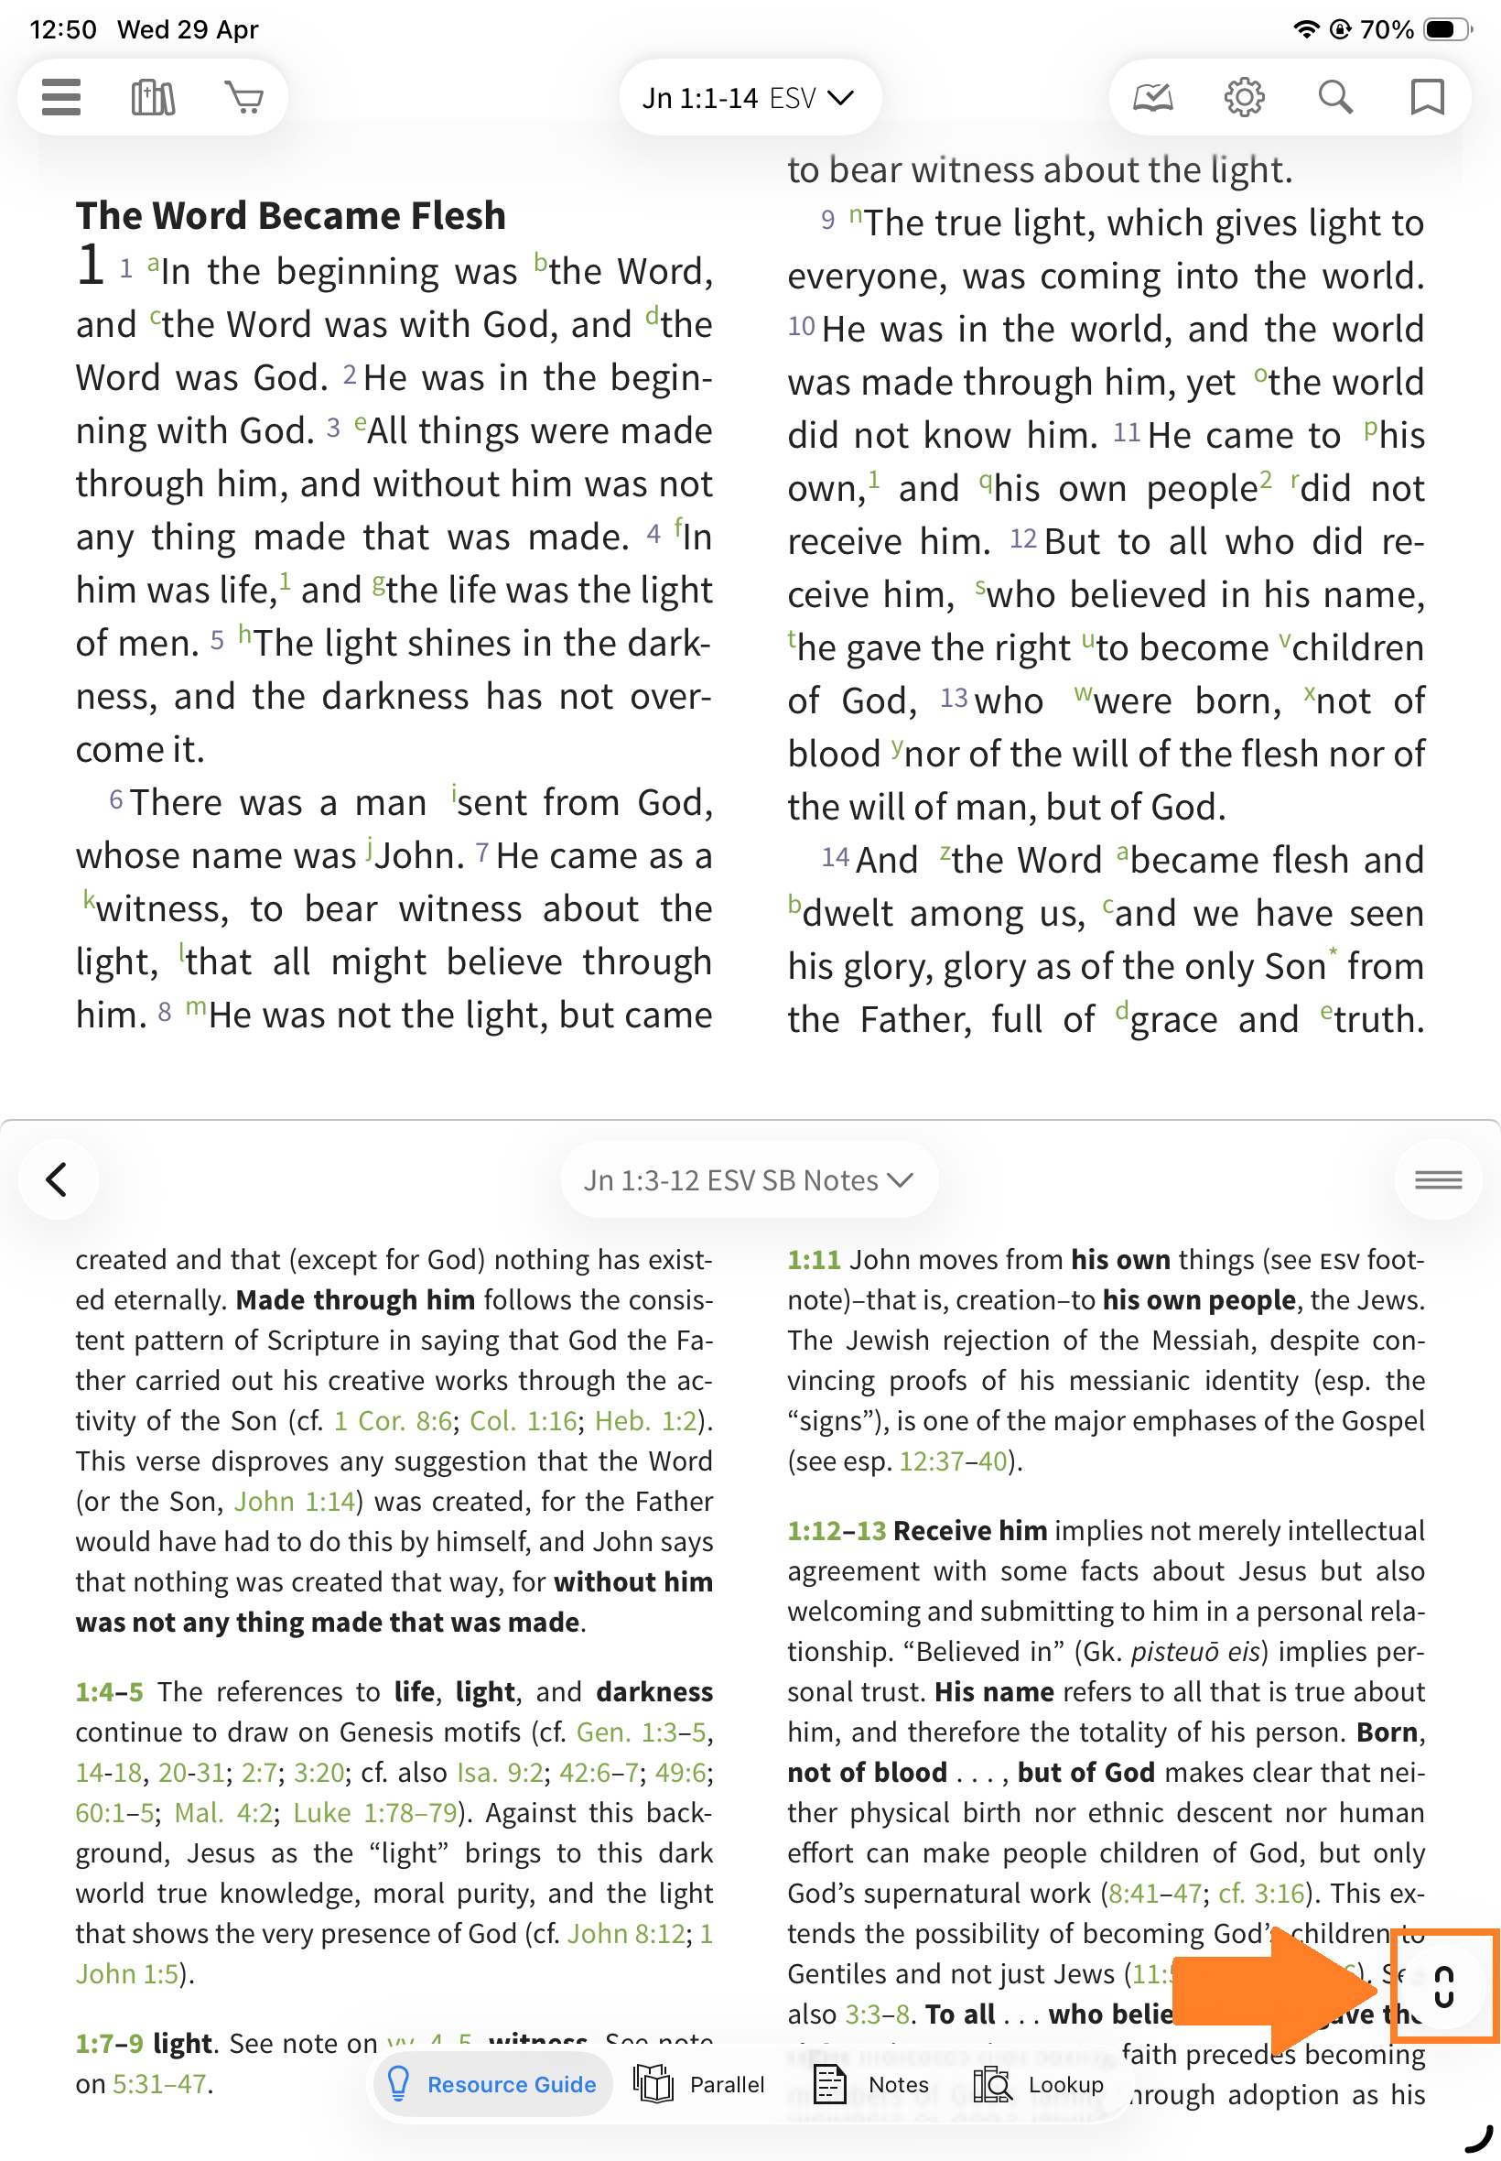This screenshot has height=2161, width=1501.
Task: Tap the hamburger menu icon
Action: point(61,97)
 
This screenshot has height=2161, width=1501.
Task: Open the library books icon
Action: point(152,97)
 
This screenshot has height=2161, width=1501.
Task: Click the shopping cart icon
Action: point(244,97)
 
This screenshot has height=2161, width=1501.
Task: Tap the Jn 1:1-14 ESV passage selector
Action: point(749,98)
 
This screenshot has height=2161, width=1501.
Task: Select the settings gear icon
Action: point(1243,97)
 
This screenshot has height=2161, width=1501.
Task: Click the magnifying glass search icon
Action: point(1334,97)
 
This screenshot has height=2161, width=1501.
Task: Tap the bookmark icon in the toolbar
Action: point(1427,97)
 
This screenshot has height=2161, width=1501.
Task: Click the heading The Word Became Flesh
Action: point(291,215)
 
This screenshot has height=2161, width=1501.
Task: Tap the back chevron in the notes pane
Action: point(58,1178)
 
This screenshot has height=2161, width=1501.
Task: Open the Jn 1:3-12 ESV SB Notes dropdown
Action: point(749,1179)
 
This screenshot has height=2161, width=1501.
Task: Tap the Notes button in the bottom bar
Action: point(872,2084)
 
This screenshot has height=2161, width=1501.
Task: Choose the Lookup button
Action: point(1038,2084)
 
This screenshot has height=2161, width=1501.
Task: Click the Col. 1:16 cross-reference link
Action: point(523,1419)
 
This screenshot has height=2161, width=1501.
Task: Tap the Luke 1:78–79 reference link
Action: point(374,1812)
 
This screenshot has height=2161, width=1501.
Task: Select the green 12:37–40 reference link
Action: point(953,1461)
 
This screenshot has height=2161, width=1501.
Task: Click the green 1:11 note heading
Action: point(814,1259)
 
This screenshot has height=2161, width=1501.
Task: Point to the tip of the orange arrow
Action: point(1378,1987)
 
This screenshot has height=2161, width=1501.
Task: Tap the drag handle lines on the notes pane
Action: point(1438,1178)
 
